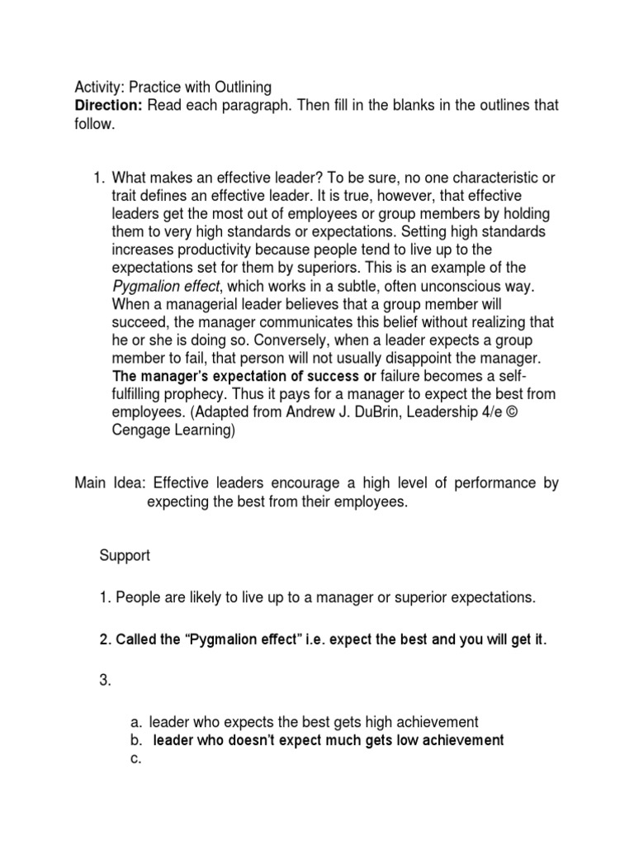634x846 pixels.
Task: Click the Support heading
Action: click(125, 556)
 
